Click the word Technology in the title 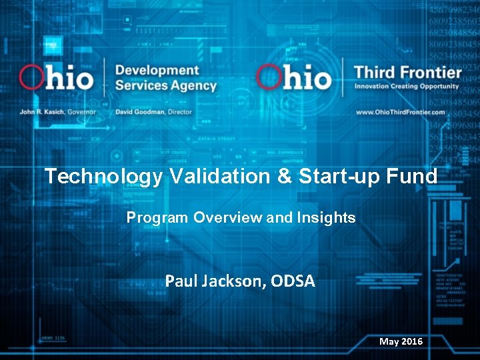click(103, 177)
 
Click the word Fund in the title click(416, 177)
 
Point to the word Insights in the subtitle click(327, 218)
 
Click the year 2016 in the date click(411, 341)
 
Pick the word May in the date click(389, 341)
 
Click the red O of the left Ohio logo click(33, 77)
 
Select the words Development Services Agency click(165, 78)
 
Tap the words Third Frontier click(407, 72)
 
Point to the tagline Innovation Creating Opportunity click(407, 87)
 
